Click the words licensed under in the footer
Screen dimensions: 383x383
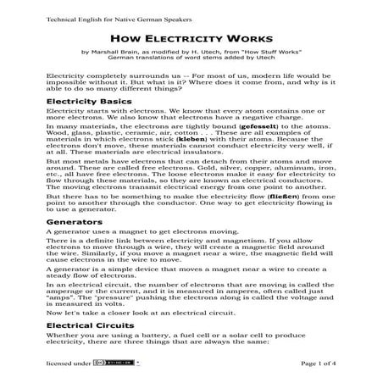[x=70, y=364]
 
